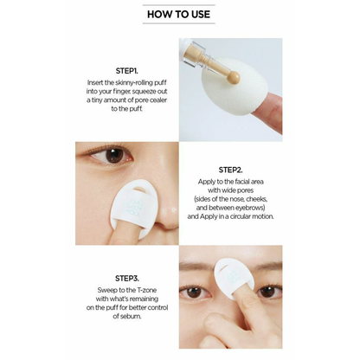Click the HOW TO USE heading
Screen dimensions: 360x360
(x=179, y=14)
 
